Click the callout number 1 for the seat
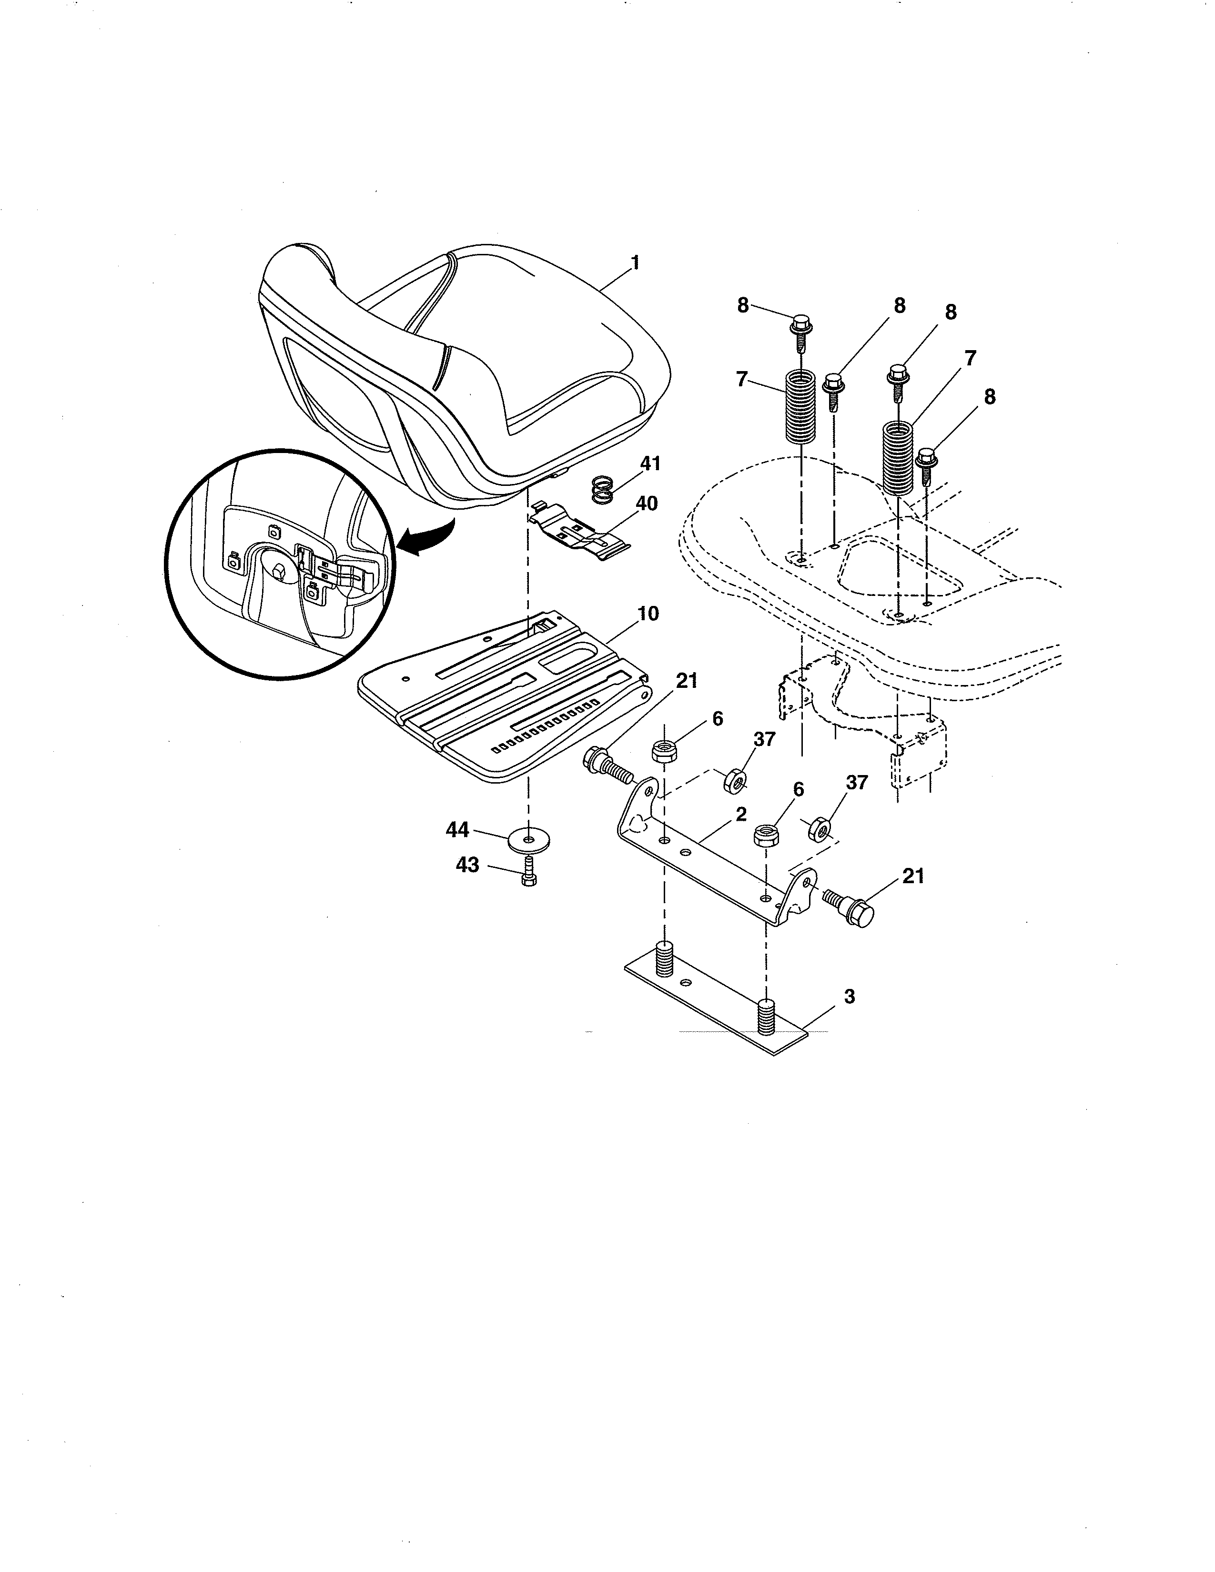coord(635,263)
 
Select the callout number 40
coord(647,504)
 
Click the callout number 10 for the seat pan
coord(648,614)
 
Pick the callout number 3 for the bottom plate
coord(850,997)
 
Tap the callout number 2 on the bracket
coord(741,814)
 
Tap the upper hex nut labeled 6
coord(662,751)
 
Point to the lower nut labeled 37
coord(819,829)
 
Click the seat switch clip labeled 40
coord(576,534)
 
